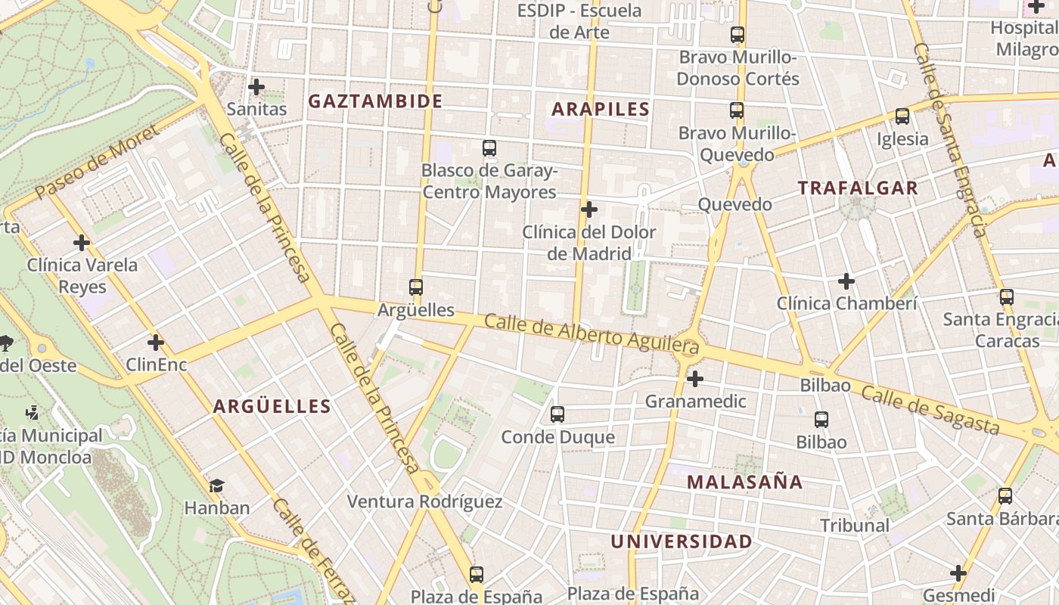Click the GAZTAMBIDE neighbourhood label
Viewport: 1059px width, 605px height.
point(375,101)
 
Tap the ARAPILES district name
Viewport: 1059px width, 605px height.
point(601,109)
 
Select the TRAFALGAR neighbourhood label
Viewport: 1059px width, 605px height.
point(858,188)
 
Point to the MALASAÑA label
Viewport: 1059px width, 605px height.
point(744,482)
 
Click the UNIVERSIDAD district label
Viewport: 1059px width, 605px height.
point(682,541)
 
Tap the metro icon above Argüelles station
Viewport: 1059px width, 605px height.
point(415,287)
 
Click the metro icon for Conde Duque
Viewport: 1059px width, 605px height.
point(557,414)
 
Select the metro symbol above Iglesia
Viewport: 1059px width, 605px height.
point(902,116)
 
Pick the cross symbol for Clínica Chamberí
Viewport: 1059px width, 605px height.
point(846,282)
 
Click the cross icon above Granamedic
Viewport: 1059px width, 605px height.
point(695,379)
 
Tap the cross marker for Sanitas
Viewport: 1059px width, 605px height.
point(256,87)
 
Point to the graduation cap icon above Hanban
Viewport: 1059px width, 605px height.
point(217,485)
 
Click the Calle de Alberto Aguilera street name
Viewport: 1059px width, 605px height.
point(591,334)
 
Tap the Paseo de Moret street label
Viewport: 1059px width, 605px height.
point(98,162)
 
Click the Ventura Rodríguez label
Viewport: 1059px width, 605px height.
point(424,501)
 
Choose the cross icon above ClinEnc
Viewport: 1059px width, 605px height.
point(156,343)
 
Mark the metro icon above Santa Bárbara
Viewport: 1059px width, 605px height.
point(1005,496)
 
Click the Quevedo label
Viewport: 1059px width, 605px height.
point(734,204)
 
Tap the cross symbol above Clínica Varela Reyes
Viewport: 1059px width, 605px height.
point(82,243)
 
